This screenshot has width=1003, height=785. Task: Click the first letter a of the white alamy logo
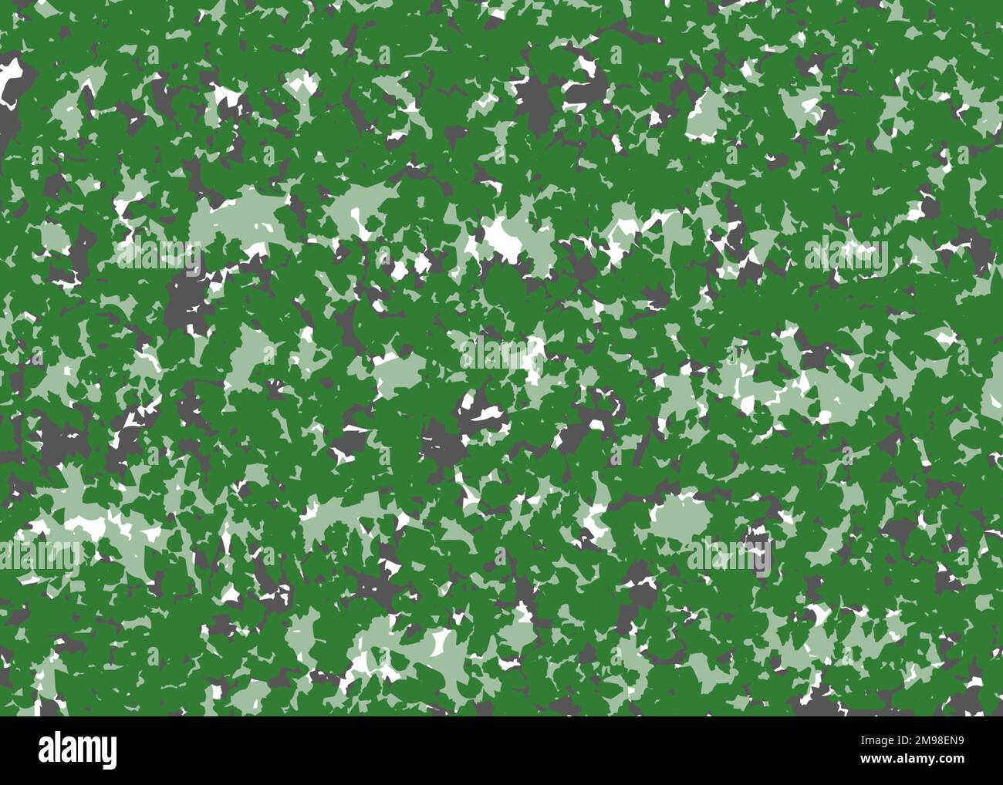47,752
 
